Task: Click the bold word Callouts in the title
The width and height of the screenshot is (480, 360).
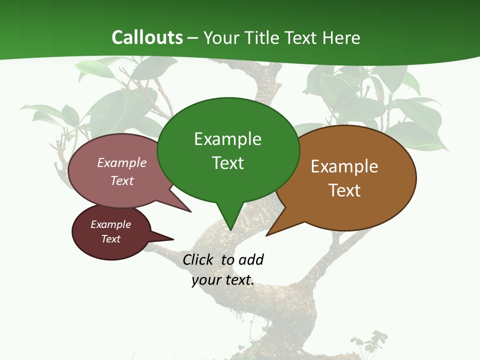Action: tap(147, 37)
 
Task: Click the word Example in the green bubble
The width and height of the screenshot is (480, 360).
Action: tap(227, 139)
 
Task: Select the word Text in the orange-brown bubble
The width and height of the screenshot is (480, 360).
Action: tap(344, 190)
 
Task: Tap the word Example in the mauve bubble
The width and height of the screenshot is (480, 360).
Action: tap(122, 163)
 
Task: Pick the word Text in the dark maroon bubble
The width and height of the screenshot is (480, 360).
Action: tap(110, 239)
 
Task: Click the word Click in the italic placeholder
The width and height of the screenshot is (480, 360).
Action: tap(197, 259)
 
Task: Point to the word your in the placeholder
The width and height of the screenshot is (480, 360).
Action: tap(206, 280)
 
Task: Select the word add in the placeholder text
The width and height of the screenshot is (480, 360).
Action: tap(251, 259)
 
